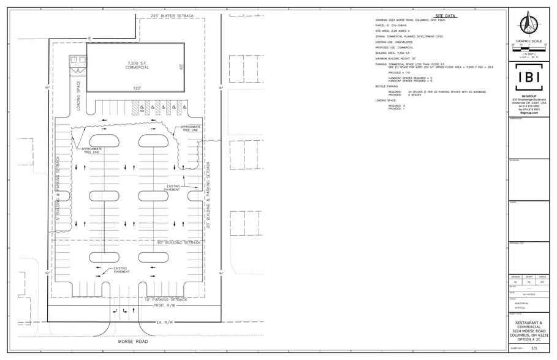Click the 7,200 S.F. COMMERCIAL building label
tap(138, 66)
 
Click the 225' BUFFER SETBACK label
tap(172, 15)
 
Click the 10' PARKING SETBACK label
tap(166, 299)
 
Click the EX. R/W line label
tap(167, 322)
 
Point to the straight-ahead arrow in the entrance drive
tap(116, 312)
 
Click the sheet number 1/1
tap(534, 348)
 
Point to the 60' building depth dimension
tap(181, 66)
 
